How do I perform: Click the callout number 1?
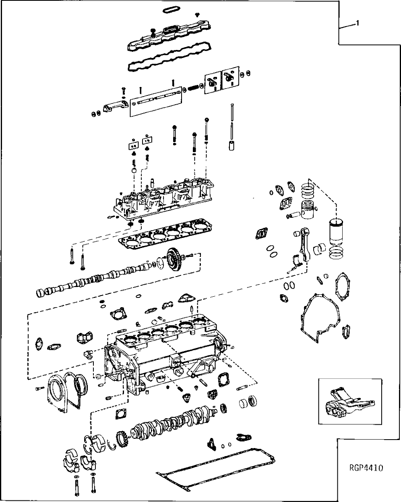[x=357, y=23]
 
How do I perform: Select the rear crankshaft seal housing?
[x=54, y=393]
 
